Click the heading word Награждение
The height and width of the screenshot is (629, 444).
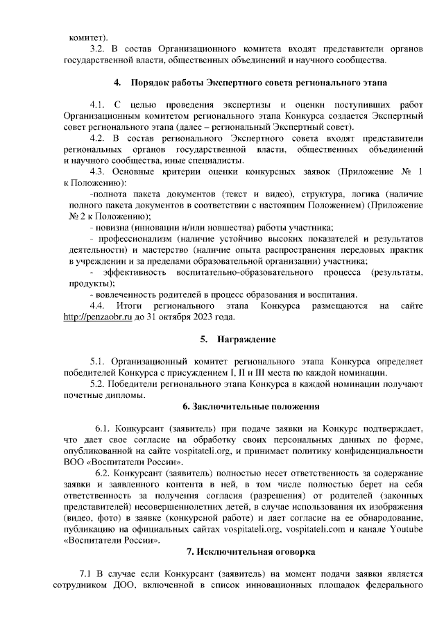(246, 339)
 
